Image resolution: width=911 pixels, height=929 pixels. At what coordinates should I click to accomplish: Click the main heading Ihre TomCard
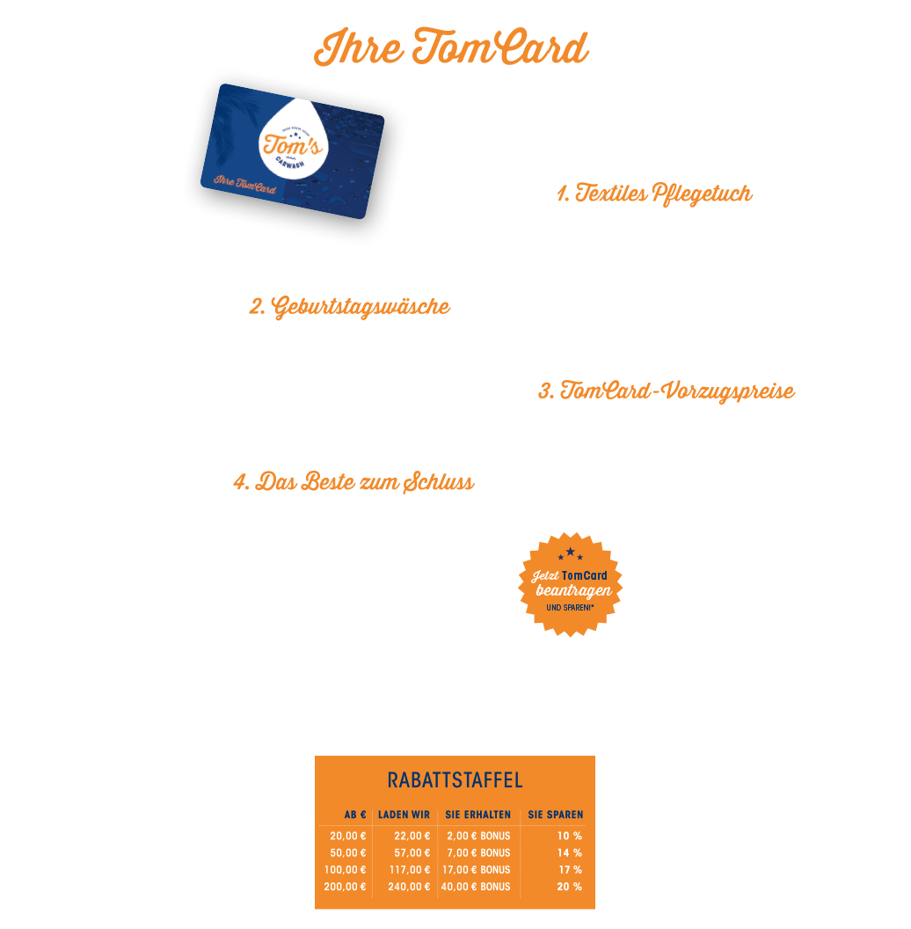coord(451,49)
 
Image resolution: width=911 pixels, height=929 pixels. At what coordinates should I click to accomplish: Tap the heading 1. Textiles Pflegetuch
coord(654,194)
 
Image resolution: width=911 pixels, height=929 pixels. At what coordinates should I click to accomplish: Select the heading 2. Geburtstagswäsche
coord(350,308)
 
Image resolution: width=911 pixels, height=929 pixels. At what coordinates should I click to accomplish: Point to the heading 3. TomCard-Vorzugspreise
coord(666,391)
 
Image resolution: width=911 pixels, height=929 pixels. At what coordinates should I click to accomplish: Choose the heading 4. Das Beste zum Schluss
coord(353,483)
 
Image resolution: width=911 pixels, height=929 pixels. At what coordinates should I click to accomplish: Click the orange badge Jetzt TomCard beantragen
coord(570,584)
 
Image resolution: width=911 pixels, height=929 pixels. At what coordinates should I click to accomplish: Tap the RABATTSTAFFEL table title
coord(455,780)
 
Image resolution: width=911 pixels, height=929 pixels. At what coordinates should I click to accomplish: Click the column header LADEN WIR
coord(404,815)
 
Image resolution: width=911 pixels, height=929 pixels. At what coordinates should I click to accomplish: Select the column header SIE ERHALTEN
coord(477,815)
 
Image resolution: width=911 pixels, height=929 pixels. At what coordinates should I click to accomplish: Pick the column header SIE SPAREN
coord(555,815)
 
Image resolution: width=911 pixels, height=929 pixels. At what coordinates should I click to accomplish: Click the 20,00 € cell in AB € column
coord(347,836)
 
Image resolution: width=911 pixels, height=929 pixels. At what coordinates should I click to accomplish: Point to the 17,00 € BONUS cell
coord(476,869)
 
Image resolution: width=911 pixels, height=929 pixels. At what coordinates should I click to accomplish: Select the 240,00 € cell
coord(409,886)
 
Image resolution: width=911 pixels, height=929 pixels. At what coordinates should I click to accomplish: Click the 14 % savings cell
coord(570,852)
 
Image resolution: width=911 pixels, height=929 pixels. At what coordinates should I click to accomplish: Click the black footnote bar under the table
coord(455,916)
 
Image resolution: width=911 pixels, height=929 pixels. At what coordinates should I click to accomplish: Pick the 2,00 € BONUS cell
coord(478,836)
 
